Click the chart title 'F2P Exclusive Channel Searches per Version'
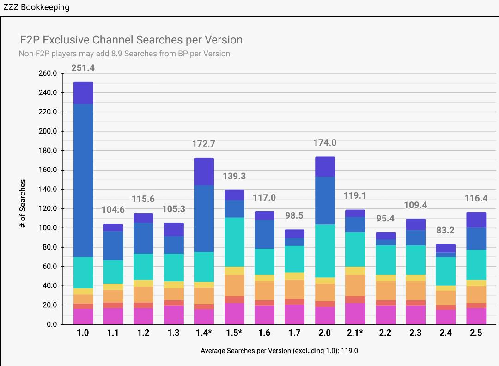[x=131, y=40]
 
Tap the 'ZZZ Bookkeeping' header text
[x=36, y=7]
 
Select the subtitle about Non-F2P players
[x=124, y=54]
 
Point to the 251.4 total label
[x=83, y=68]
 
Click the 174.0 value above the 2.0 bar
[x=325, y=143]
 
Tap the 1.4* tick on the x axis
[x=204, y=333]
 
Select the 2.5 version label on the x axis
[x=476, y=333]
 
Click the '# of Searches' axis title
[x=23, y=203]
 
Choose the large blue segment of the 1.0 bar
[x=83, y=180]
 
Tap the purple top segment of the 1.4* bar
[x=204, y=171]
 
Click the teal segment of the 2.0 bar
[x=325, y=250]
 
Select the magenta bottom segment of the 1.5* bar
[x=234, y=314]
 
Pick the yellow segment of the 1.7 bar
[x=295, y=276]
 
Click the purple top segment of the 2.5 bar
[x=476, y=220]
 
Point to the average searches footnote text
[x=279, y=351]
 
